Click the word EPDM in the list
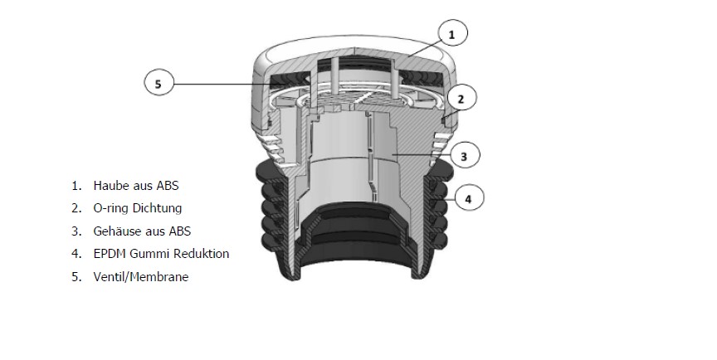(x=110, y=254)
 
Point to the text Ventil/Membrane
(x=141, y=277)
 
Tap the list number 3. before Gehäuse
(x=76, y=231)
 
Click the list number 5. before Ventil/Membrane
(x=76, y=277)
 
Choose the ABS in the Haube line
(x=168, y=186)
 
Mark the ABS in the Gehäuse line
(x=179, y=231)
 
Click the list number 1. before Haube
(x=76, y=186)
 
